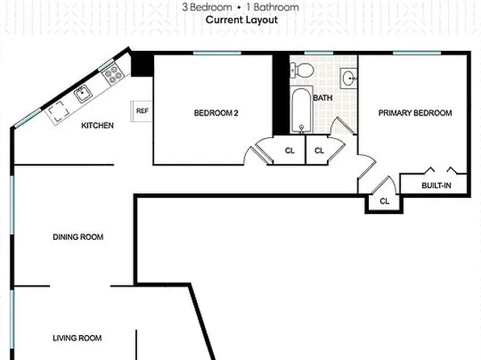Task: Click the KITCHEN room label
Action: coord(97,125)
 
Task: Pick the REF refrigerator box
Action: coord(142,111)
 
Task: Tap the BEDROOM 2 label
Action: coord(215,113)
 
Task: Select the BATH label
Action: coord(322,98)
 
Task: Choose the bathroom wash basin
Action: coord(347,78)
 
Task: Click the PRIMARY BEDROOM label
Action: coord(415,113)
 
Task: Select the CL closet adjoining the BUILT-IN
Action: coord(384,201)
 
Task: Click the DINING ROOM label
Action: coord(78,237)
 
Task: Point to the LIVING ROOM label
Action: coord(77,337)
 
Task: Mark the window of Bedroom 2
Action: coord(217,53)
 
